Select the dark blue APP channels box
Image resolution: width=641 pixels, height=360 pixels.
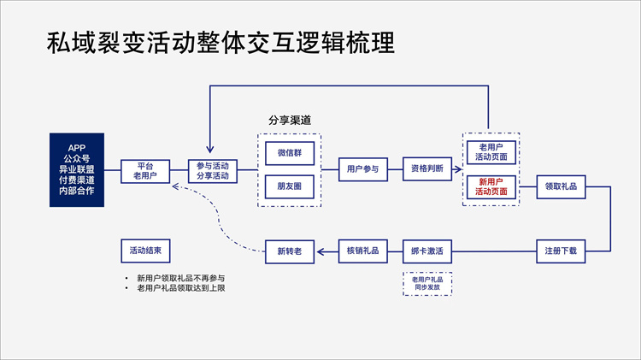[75, 169]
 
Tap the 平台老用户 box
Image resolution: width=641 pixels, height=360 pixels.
[144, 170]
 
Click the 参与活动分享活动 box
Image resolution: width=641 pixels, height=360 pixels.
[213, 170]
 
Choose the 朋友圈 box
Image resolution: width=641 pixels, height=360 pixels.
[290, 186]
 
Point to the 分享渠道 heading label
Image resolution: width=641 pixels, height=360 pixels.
[290, 121]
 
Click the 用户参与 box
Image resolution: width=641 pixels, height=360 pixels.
[362, 169]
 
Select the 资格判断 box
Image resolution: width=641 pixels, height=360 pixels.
[426, 169]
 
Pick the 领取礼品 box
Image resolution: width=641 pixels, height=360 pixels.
[561, 186]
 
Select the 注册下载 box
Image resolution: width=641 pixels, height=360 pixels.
[561, 251]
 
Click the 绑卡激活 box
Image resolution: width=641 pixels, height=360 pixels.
[426, 251]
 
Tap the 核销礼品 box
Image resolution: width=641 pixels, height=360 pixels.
[362, 251]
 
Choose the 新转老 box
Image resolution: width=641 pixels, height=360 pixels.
[290, 251]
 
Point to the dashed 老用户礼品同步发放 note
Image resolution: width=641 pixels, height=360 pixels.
[426, 283]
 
